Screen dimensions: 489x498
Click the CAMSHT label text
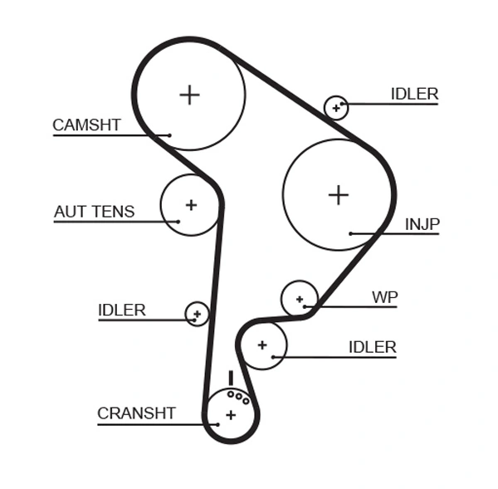point(86,125)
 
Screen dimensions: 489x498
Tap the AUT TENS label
point(94,212)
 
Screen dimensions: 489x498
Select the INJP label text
point(422,224)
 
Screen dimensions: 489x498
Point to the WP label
point(384,297)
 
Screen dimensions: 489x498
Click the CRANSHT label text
point(136,413)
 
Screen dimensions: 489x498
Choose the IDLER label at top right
point(414,95)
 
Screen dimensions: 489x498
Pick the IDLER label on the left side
point(121,311)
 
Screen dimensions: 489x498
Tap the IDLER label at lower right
point(372,347)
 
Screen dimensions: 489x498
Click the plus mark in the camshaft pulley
point(190,95)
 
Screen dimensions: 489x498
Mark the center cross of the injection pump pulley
point(338,195)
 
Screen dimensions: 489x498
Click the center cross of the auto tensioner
point(191,204)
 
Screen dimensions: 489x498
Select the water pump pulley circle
point(299,299)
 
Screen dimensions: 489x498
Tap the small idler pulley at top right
point(336,107)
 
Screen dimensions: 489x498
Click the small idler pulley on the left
point(197,314)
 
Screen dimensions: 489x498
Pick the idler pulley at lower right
point(263,345)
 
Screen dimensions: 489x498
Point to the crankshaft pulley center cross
point(231,414)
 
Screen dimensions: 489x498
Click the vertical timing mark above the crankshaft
point(231,378)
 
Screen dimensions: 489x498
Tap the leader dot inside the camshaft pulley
point(169,135)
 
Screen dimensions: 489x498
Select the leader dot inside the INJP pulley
point(351,234)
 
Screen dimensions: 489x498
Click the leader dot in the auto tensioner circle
point(178,221)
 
